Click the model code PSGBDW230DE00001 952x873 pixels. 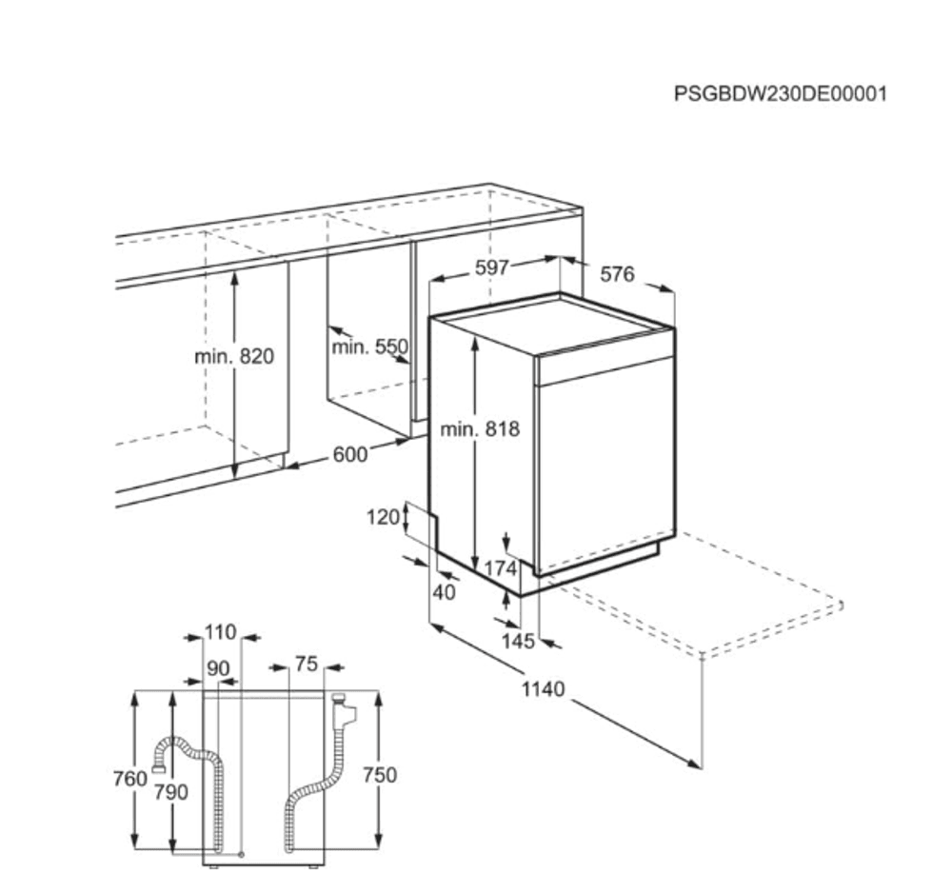[x=780, y=94]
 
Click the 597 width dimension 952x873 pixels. [x=492, y=268]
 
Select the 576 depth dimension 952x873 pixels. [x=617, y=275]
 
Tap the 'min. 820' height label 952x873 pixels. [x=233, y=357]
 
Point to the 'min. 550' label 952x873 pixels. [x=369, y=347]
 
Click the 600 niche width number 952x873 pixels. [x=349, y=455]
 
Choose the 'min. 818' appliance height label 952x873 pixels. [x=480, y=429]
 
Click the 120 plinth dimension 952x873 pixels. [x=384, y=517]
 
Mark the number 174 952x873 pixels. [x=500, y=569]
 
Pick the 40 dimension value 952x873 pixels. [x=445, y=592]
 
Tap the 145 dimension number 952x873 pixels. [x=518, y=642]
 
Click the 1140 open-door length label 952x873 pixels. [x=543, y=688]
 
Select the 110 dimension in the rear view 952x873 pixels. [x=220, y=633]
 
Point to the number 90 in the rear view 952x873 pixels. [x=219, y=669]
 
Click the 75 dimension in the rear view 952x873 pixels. [x=306, y=665]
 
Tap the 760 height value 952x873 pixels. [x=130, y=779]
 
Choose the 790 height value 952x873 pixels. [x=172, y=792]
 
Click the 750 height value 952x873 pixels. [x=379, y=776]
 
